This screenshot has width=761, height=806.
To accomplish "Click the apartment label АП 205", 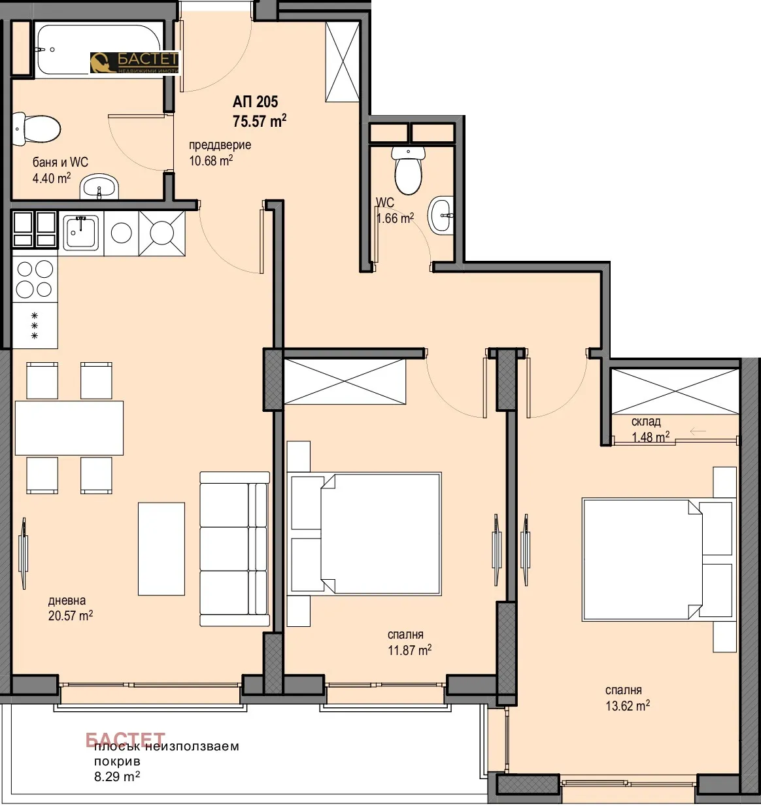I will [x=255, y=101].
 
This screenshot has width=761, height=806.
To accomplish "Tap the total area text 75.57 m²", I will [x=259, y=121].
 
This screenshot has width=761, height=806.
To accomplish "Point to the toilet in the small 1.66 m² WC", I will [x=409, y=171].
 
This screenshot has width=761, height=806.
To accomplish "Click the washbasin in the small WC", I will [x=442, y=215].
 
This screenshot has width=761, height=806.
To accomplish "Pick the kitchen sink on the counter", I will [x=80, y=233].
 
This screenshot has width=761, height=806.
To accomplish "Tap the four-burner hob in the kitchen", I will [x=35, y=279].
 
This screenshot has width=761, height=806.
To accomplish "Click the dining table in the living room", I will [x=69, y=428].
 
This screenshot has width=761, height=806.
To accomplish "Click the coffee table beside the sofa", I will [x=161, y=548].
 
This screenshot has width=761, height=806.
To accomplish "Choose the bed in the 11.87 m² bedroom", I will [x=379, y=533].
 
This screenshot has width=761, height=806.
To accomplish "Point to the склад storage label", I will [x=646, y=422].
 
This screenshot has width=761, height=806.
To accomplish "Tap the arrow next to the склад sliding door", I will [x=698, y=431].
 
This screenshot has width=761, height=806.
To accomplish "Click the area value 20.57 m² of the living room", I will [x=70, y=615].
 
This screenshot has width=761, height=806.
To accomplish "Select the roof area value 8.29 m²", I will [x=116, y=777].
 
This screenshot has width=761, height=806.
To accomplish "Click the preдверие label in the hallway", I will [x=220, y=145].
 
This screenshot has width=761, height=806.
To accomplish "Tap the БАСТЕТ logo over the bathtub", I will [x=134, y=62].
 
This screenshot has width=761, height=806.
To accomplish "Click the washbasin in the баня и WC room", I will [x=99, y=187].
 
